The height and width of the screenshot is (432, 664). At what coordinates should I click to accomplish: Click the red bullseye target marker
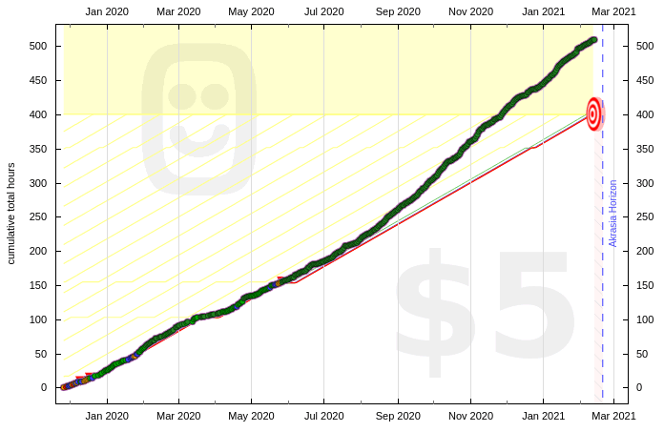click(593, 114)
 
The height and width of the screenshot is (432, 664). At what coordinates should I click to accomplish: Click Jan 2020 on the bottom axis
click(106, 416)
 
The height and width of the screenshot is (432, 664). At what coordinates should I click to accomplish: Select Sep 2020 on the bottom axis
click(397, 416)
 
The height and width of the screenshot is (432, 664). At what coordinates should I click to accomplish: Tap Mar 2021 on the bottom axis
click(615, 416)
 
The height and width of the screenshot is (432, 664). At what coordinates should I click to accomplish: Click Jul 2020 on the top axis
click(324, 11)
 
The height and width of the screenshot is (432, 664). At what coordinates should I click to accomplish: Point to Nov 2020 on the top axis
click(470, 11)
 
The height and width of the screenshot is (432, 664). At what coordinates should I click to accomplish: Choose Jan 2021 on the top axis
click(543, 11)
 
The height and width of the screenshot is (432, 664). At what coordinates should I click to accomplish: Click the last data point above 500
click(593, 39)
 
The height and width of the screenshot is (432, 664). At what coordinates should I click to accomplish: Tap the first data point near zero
click(64, 387)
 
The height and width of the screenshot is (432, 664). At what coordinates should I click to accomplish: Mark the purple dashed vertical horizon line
click(603, 286)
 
